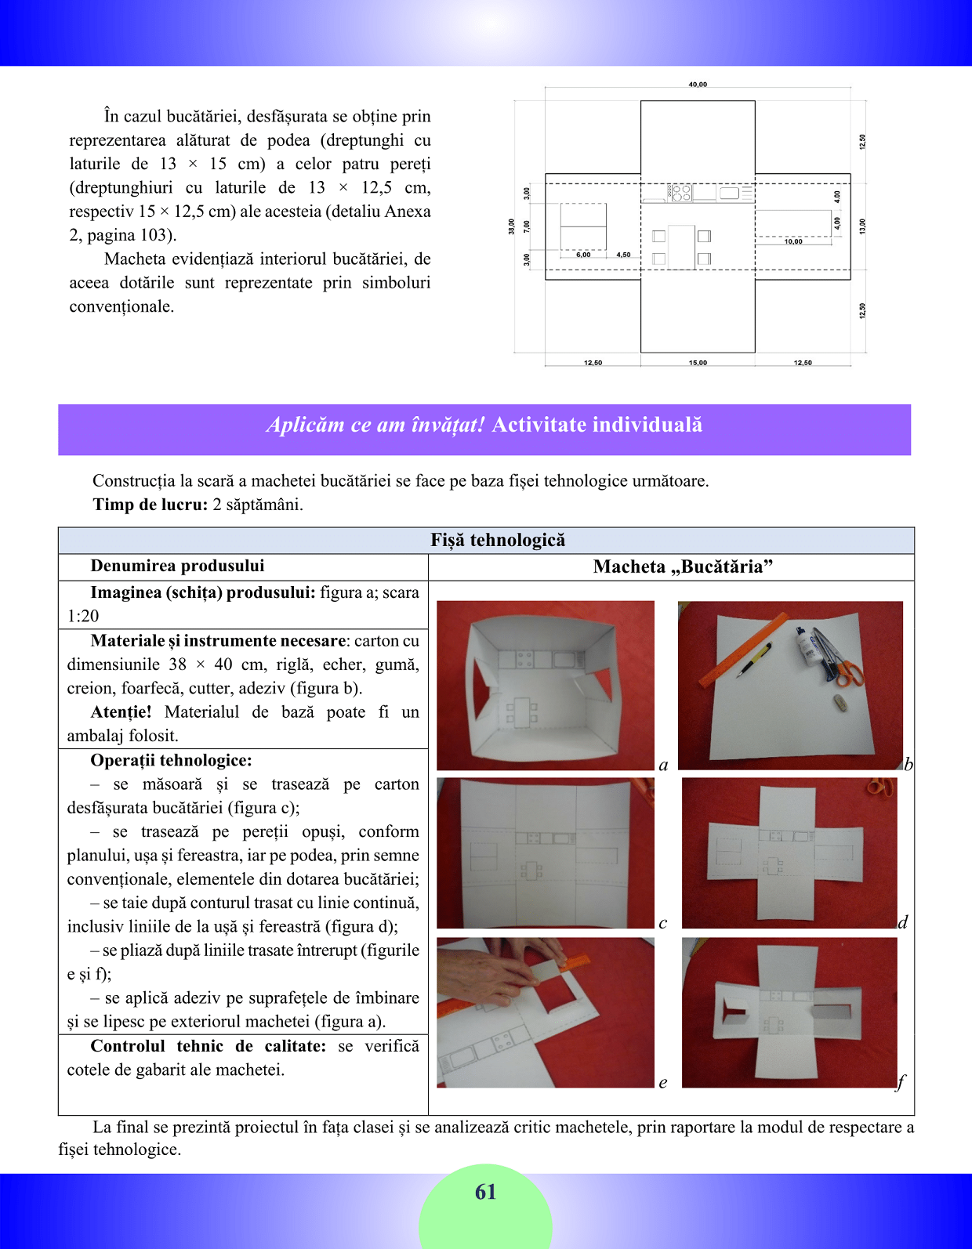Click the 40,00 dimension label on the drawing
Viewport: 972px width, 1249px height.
point(698,84)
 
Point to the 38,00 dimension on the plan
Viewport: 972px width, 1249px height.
point(512,226)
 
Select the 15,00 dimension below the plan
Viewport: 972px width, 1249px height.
point(698,363)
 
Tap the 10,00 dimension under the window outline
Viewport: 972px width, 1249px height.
point(793,241)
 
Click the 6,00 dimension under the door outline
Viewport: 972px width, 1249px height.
point(583,255)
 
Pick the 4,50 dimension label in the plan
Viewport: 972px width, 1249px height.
point(623,255)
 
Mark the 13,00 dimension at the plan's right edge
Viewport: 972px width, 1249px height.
point(862,226)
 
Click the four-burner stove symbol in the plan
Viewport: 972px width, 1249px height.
point(680,193)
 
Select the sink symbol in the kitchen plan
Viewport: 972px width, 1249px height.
point(730,193)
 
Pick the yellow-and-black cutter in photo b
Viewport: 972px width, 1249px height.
point(756,658)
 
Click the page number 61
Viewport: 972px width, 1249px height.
point(485,1192)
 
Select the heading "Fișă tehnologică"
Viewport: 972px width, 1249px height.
point(498,540)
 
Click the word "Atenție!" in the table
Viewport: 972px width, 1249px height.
point(121,711)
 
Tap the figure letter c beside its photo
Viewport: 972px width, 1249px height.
point(663,922)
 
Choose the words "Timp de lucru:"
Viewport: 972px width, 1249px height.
point(150,505)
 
